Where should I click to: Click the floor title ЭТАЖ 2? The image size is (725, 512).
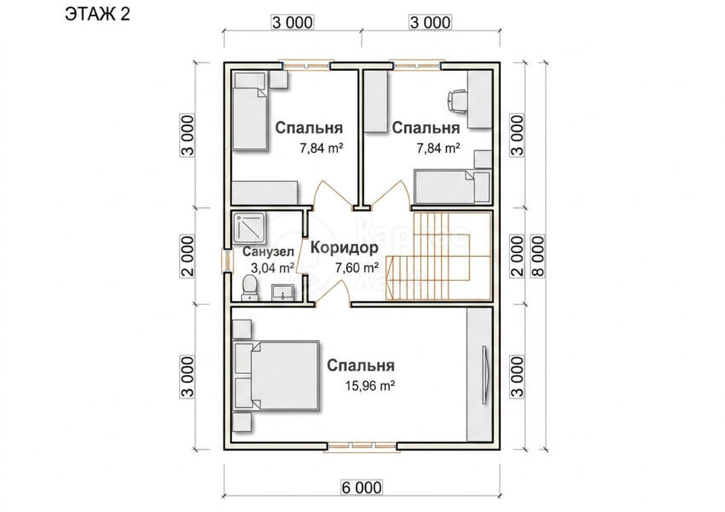[97, 15]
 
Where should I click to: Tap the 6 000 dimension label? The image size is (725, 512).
[362, 487]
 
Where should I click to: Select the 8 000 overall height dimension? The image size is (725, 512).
[538, 256]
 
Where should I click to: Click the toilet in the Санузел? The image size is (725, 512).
[250, 288]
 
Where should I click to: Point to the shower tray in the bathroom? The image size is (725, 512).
[249, 228]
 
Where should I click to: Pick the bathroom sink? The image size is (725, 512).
[282, 293]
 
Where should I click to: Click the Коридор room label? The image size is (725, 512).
[344, 248]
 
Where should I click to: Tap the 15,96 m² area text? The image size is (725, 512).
[370, 385]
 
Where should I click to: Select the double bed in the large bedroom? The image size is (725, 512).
[276, 375]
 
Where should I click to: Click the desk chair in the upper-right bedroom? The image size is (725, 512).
[457, 102]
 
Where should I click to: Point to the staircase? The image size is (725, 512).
[438, 256]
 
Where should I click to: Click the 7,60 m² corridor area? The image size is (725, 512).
[357, 267]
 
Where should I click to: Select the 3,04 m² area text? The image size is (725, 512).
[273, 267]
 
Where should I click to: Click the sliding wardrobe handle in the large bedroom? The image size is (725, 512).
[485, 375]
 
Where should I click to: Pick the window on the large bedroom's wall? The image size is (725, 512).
[361, 446]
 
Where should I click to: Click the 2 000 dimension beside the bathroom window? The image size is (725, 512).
[188, 256]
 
